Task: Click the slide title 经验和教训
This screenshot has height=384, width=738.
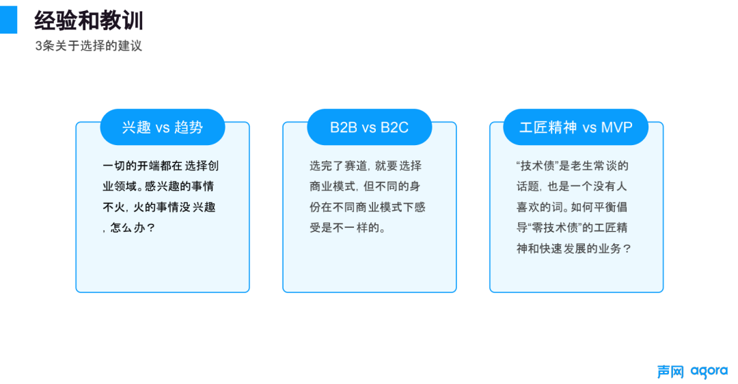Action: click(89, 21)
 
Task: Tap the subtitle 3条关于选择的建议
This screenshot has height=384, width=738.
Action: click(88, 46)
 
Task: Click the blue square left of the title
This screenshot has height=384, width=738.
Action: click(8, 20)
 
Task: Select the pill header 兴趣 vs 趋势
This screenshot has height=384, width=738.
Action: click(163, 127)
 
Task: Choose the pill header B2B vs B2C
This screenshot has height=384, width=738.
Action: click(370, 127)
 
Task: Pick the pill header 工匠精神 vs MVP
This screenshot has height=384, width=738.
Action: click(575, 127)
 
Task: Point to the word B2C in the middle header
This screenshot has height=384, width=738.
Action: click(394, 127)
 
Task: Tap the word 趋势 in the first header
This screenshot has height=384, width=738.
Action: click(189, 127)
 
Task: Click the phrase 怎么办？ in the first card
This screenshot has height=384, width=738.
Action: click(133, 228)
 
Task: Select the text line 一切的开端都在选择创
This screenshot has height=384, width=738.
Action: click(161, 166)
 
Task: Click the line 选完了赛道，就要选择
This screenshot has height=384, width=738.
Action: click(366, 166)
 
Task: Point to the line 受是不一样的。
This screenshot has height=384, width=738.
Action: click(348, 228)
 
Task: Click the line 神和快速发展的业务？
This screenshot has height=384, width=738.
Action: click(574, 248)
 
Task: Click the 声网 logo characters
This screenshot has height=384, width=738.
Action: click(671, 372)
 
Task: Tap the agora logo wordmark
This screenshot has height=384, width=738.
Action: click(709, 372)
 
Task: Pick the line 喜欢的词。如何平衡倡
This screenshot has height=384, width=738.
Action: click(572, 207)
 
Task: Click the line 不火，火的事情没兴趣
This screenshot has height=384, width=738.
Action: click(159, 207)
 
